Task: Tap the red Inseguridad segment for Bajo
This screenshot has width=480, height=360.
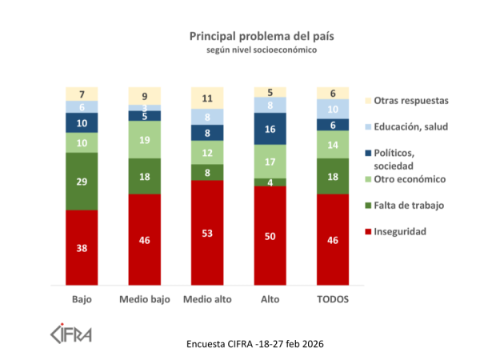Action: coord(82,247)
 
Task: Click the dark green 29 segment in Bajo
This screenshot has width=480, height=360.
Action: coord(82,181)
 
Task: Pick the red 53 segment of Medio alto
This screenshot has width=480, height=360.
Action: coord(206,232)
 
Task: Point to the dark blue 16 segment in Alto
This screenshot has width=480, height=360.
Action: coord(270,129)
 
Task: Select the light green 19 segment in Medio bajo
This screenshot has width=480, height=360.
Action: coord(144,139)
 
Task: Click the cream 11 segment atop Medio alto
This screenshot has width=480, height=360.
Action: coord(206,99)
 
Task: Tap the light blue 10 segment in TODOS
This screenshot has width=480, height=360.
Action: coord(332,109)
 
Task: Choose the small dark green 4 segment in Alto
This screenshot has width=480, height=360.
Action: coord(270,182)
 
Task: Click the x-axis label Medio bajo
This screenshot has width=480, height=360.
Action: coord(144,299)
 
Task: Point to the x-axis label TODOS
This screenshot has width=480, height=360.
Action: coord(332,299)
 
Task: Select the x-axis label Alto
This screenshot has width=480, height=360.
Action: coord(270,299)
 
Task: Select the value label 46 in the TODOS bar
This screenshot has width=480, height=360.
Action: coord(332,239)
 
